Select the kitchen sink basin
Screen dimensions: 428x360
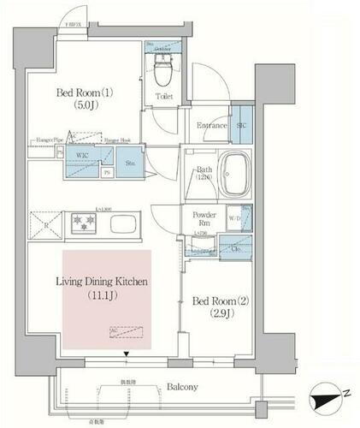pos(121,226)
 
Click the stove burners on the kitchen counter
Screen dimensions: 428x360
pos(84,222)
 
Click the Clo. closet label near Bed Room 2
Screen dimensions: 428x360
pos(235,249)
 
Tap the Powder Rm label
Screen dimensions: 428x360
pos(204,218)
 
